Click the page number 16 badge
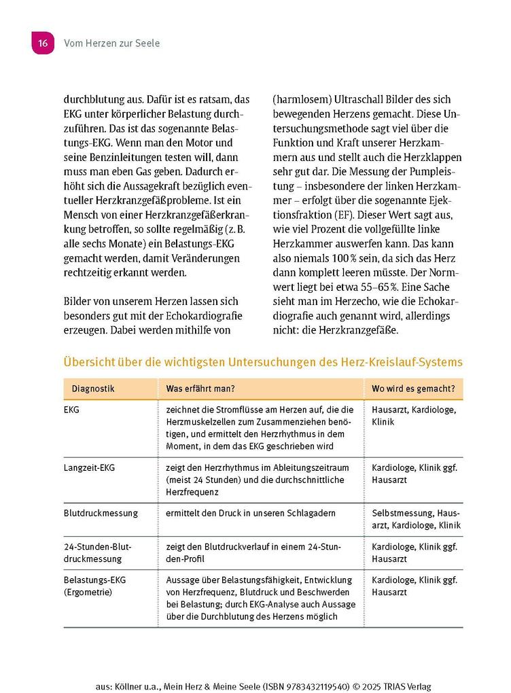coord(41,43)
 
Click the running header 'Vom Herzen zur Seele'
coord(111,43)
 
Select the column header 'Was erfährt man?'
coord(200,389)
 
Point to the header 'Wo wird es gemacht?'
coord(413,389)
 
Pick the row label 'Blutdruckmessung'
coord(101,513)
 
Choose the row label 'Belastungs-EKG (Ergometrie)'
coord(94,586)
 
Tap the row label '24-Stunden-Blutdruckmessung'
coord(97,552)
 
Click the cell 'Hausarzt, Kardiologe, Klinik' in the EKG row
coord(414,416)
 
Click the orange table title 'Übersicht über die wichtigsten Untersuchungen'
coord(262,362)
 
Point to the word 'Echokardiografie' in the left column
coord(190,315)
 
